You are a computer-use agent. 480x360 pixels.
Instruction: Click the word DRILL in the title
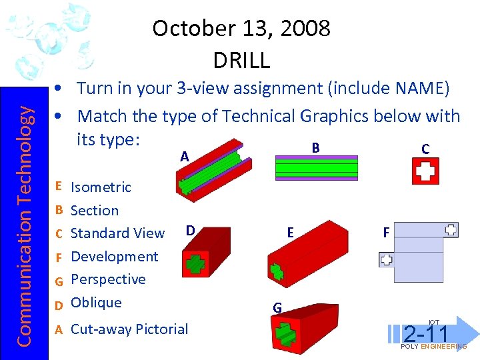pyautogui.click(x=241, y=60)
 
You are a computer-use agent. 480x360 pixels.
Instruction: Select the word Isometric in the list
pyautogui.click(x=101, y=187)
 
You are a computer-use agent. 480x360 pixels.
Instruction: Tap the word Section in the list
pyautogui.click(x=95, y=211)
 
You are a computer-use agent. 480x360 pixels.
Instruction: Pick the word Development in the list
pyautogui.click(x=114, y=257)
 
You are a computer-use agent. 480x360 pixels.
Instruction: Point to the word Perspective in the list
pyautogui.click(x=108, y=279)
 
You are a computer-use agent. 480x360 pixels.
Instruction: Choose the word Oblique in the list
pyautogui.click(x=96, y=303)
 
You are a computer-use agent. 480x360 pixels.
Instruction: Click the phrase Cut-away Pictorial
pyautogui.click(x=129, y=329)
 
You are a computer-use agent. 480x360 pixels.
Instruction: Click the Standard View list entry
pyautogui.click(x=117, y=233)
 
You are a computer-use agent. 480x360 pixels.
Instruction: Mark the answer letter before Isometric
pyautogui.click(x=59, y=187)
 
